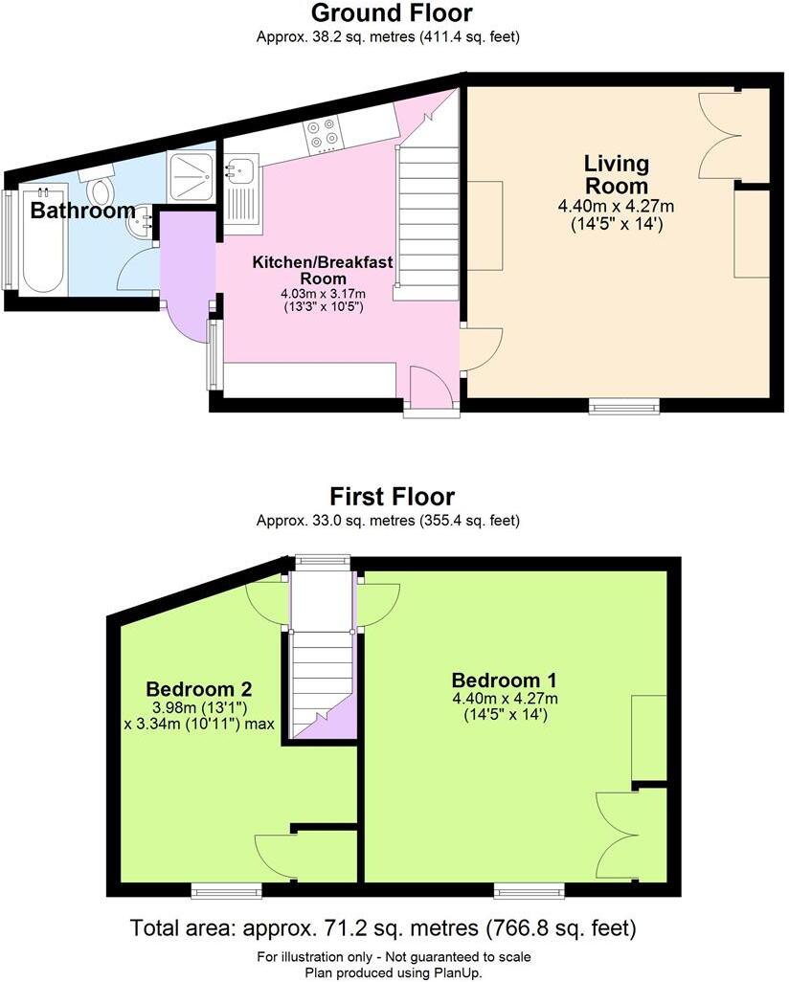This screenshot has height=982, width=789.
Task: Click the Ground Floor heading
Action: [x=392, y=13]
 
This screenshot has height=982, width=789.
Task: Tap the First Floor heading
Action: [x=392, y=497]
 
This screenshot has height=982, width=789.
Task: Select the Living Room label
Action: [x=617, y=174]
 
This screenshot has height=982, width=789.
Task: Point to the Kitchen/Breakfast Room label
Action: [x=322, y=270]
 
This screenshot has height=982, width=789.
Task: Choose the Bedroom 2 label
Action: [x=198, y=688]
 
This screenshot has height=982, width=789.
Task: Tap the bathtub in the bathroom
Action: [x=41, y=236]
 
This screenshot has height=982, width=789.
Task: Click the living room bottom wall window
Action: [x=624, y=406]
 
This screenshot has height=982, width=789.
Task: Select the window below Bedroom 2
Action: [x=226, y=891]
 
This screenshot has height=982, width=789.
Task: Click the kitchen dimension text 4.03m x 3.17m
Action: [x=322, y=294]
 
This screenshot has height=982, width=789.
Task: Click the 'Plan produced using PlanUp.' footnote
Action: [x=393, y=971]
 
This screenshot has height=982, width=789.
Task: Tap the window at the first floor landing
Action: [x=323, y=561]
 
